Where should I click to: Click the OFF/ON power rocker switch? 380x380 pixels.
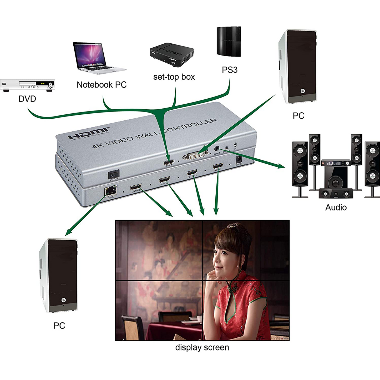click(114, 174)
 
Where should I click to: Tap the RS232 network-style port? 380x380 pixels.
click(111, 191)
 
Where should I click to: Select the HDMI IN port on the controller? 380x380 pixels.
click(169, 162)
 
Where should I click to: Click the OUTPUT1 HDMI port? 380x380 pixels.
click(136, 187)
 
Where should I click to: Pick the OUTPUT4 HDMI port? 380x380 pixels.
click(218, 166)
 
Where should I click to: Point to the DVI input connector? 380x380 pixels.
click(196, 156)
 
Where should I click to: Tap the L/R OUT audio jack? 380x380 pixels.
click(217, 149)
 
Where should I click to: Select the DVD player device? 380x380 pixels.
click(27, 85)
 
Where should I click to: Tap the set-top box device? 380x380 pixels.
click(172, 54)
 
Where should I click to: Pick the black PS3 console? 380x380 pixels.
click(229, 41)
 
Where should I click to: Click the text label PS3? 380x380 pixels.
click(229, 70)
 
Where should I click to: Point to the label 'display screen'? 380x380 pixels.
click(202, 347)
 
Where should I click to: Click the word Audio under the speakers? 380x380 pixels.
click(336, 207)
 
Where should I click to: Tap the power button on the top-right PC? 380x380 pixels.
click(303, 91)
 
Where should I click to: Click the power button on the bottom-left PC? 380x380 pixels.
click(63, 300)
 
